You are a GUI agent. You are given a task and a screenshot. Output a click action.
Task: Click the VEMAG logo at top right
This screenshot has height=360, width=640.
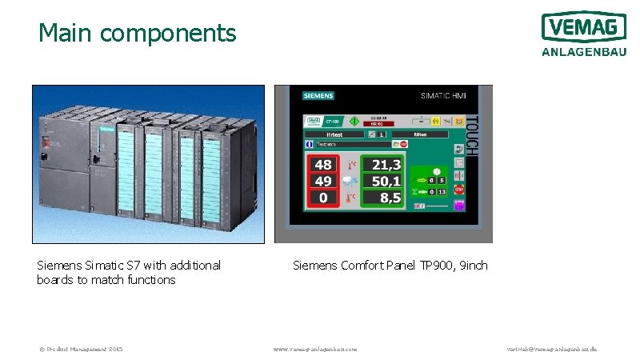click(x=583, y=27)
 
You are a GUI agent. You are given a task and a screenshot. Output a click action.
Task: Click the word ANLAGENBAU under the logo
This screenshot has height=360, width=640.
click(x=583, y=52)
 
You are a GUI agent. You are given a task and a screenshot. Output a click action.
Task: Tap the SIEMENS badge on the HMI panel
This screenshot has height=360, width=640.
click(x=318, y=95)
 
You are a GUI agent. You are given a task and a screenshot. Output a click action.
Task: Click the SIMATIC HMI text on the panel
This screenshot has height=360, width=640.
click(x=443, y=96)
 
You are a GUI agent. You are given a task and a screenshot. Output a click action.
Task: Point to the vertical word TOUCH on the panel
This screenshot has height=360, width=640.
click(x=471, y=135)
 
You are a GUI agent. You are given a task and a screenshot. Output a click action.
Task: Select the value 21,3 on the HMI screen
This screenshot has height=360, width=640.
click(x=386, y=166)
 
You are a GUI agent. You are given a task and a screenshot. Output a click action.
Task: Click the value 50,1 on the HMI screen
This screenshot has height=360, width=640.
click(x=386, y=182)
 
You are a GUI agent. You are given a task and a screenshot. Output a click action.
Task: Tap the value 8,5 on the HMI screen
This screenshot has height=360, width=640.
click(x=390, y=198)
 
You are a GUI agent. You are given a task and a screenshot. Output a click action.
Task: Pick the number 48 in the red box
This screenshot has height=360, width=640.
click(x=323, y=166)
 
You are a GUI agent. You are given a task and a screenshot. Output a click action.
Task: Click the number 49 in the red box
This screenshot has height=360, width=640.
click(x=323, y=182)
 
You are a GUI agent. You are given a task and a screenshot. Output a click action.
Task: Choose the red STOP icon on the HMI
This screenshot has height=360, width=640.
click(x=459, y=190)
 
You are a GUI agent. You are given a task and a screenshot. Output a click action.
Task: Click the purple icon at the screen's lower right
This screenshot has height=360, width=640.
click(x=459, y=206)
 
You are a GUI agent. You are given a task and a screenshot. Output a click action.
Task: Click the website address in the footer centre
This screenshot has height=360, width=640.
click(x=315, y=349)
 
